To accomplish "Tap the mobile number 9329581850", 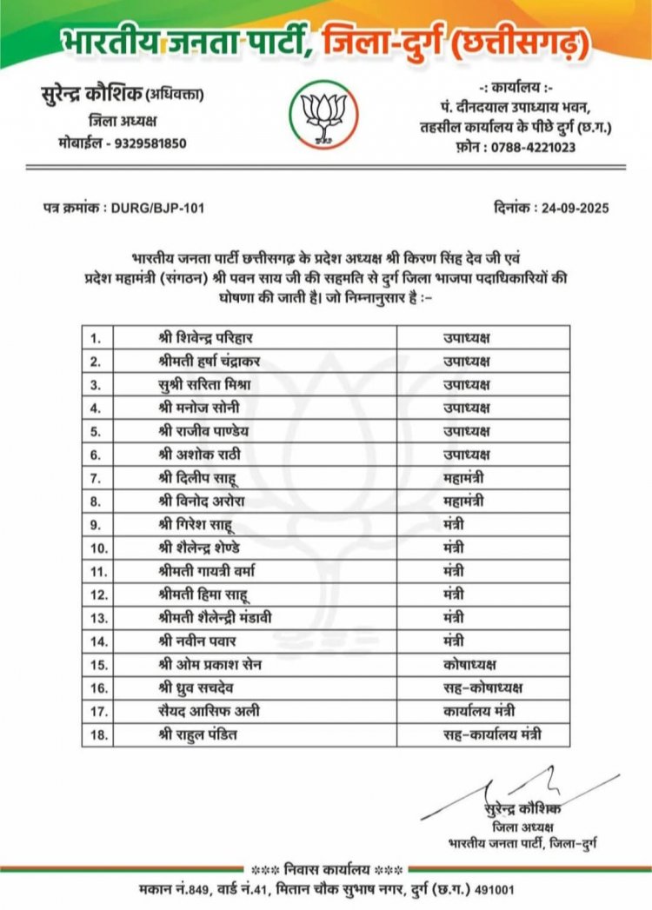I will coord(145,143).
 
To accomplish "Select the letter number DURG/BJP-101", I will coord(157,209).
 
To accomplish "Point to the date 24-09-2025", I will coord(573,209).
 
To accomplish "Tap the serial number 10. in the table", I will coord(102,548).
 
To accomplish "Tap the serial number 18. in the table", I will coord(102,735).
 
